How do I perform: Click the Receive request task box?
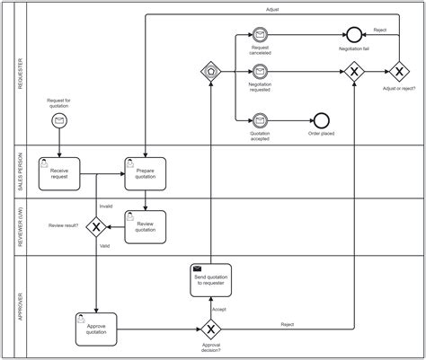point(58,173)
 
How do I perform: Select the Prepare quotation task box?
point(145,173)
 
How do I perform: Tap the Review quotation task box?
point(145,225)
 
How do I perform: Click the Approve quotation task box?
point(95,327)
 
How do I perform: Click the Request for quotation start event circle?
point(59,120)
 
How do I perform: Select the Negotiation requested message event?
point(260,70)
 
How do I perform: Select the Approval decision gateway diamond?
point(211,327)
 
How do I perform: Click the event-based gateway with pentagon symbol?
point(211,70)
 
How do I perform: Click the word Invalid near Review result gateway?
point(105,206)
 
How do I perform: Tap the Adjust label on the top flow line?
point(272,9)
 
